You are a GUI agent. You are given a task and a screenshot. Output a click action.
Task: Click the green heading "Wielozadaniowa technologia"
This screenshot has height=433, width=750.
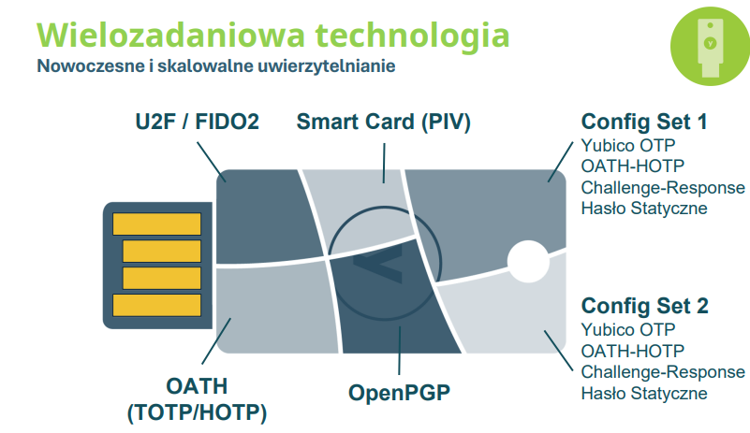[273, 36]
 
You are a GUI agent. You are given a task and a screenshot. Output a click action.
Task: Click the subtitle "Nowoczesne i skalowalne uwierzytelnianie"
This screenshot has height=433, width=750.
[216, 66]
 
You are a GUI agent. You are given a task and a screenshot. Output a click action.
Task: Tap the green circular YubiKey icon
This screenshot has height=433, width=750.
[710, 47]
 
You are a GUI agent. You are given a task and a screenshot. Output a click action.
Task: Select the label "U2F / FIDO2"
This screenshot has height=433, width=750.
[197, 122]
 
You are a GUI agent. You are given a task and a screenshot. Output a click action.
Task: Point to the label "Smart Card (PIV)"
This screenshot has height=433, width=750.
[384, 122]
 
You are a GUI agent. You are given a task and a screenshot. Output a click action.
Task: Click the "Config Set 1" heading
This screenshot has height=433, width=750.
[644, 122]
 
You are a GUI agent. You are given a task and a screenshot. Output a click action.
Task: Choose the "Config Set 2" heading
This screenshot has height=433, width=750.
[644, 306]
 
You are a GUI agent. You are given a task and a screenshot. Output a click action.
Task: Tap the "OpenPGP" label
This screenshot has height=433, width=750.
[400, 393]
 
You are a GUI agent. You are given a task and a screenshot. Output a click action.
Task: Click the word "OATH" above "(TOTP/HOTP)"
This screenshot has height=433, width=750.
[197, 386]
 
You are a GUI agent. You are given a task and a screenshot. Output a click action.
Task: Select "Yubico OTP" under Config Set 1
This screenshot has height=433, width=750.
[628, 145]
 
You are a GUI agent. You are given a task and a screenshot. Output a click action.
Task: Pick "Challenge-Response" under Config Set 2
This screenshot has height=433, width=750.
[663, 372]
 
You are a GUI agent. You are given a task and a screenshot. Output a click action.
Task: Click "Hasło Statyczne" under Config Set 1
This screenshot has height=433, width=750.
[644, 209]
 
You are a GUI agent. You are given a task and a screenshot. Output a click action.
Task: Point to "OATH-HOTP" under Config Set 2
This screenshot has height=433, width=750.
[632, 351]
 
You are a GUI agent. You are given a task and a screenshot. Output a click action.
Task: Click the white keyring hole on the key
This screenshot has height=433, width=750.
[528, 262]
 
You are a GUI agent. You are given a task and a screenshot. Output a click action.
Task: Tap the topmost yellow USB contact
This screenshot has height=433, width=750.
[157, 224]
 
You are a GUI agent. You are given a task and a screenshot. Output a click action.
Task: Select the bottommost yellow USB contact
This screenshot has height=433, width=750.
[157, 305]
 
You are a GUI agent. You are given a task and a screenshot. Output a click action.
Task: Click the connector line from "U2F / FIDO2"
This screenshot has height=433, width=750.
[211, 162]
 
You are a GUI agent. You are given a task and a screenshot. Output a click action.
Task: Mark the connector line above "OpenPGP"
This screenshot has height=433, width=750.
[400, 351]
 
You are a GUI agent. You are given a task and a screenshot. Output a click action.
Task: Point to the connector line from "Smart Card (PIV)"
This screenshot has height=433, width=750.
[384, 163]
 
